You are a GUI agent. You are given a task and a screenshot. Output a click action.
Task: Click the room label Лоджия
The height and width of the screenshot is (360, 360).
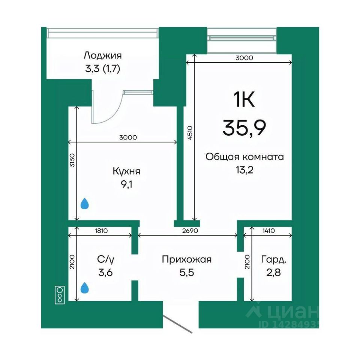click(103, 55)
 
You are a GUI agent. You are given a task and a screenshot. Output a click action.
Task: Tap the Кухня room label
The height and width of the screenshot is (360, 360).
click(126, 171)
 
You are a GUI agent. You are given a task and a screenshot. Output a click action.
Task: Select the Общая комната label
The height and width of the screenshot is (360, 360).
click(244, 157)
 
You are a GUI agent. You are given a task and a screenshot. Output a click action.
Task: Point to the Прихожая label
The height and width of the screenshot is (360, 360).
click(187, 259)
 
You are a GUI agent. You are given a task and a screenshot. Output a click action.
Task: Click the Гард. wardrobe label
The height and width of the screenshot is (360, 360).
click(274, 259)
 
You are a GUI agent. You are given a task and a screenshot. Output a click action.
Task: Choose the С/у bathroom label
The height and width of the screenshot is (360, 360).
click(105, 259)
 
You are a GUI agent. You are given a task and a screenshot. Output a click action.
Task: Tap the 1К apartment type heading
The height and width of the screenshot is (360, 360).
click(244, 99)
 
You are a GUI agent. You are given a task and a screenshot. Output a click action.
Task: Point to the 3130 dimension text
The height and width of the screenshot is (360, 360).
click(72, 160)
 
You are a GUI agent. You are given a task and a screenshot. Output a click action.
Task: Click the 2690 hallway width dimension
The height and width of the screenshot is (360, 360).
click(190, 231)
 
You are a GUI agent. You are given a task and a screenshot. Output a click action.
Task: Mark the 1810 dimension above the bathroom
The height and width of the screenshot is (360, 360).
click(101, 231)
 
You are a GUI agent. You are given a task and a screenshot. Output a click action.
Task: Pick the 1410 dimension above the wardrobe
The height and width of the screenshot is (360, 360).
click(268, 231)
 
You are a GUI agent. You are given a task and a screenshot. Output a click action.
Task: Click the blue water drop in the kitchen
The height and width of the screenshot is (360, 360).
click(85, 204)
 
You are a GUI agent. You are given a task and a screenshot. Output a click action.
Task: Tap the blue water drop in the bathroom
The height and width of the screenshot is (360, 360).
click(85, 288)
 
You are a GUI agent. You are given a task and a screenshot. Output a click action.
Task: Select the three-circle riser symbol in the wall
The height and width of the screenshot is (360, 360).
click(60, 295)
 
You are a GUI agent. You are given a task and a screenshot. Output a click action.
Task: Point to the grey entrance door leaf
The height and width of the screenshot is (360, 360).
click(177, 325)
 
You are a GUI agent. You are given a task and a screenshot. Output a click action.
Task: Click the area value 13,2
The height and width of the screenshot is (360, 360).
click(244, 170)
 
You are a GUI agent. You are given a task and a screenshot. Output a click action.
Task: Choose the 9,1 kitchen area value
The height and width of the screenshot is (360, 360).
click(126, 184)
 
